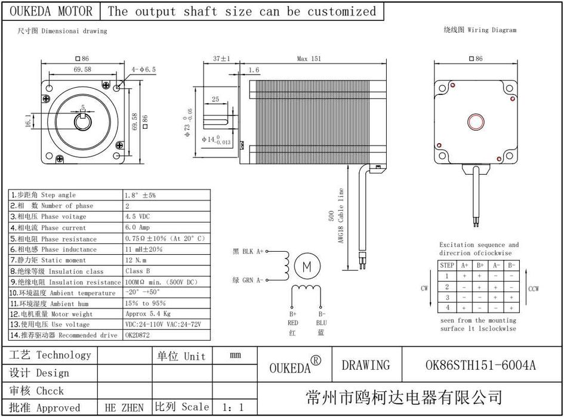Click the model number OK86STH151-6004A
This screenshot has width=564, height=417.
(x=480, y=365)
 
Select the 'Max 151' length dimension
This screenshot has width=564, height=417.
(x=309, y=58)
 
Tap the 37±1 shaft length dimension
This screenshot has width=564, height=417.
(x=221, y=58)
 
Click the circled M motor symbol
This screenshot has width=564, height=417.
(x=307, y=266)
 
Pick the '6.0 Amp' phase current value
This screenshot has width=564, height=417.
(x=137, y=227)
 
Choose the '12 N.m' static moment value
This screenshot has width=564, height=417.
(x=136, y=260)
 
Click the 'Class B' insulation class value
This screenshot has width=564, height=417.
(x=137, y=271)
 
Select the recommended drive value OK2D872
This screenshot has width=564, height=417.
(x=137, y=335)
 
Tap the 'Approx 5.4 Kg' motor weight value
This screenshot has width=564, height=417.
(x=148, y=314)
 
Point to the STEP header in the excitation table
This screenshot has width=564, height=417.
(x=447, y=265)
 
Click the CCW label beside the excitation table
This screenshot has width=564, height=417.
(x=533, y=289)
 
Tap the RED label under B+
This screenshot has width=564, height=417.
(x=292, y=323)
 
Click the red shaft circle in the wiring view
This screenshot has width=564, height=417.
(x=476, y=122)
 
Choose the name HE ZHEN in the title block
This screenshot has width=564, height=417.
(x=124, y=408)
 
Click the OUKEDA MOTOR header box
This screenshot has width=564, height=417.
(x=52, y=11)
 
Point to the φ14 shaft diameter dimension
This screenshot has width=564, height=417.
(x=216, y=140)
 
